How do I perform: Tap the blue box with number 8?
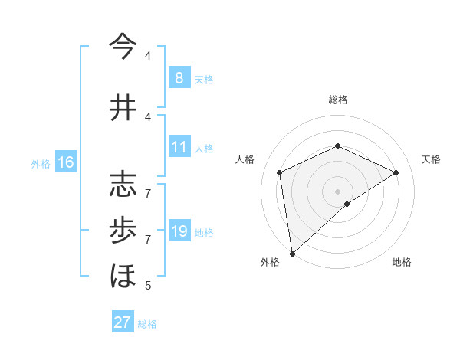(179, 77)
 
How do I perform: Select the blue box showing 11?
(179, 147)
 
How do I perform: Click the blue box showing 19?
(179, 231)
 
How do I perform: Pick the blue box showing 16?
(65, 162)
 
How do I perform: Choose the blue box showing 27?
(122, 322)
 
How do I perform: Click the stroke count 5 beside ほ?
(148, 286)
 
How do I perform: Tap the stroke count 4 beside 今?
(148, 55)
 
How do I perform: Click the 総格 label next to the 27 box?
(147, 324)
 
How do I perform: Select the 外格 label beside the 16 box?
(41, 163)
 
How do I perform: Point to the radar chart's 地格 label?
(402, 262)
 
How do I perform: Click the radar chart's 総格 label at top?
(338, 100)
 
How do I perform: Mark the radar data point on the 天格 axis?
(396, 172)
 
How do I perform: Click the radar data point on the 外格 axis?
(292, 253)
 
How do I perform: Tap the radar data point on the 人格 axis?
(280, 172)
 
